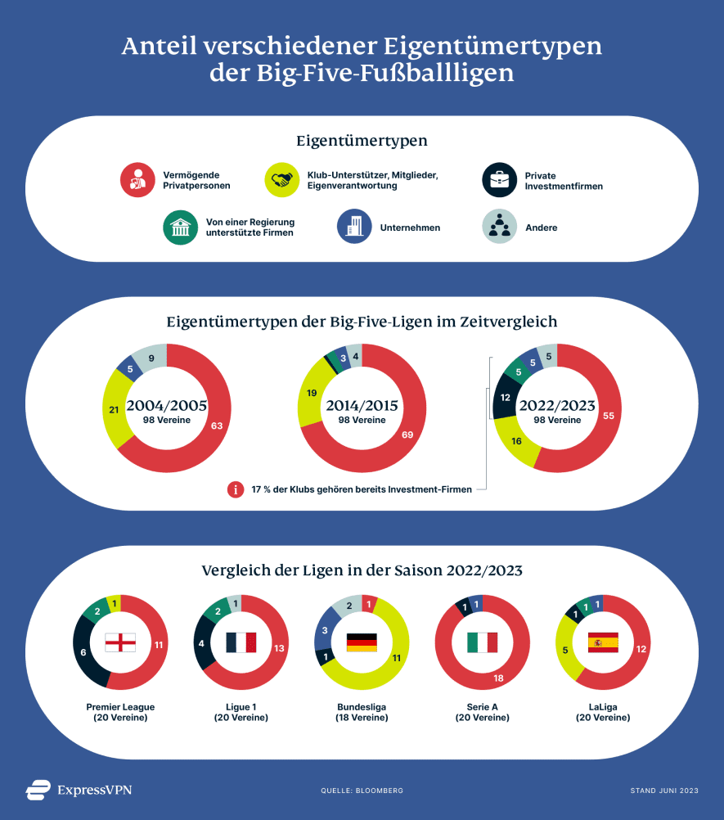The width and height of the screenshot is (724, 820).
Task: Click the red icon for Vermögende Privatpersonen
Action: coord(138,180)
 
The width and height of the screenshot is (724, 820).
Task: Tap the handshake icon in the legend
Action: coord(282,180)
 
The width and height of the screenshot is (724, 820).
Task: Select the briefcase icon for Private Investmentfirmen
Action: coord(499,180)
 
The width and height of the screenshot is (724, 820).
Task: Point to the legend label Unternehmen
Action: coord(410,228)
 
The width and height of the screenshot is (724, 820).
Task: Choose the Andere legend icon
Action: coord(499,227)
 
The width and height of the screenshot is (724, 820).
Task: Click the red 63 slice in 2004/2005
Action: coord(216,426)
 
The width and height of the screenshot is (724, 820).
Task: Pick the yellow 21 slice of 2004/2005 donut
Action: coord(115,409)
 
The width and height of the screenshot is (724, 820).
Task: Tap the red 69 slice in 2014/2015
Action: coord(407,434)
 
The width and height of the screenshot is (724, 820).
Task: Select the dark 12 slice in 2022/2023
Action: coord(504,397)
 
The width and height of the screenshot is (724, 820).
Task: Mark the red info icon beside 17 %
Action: coord(236,489)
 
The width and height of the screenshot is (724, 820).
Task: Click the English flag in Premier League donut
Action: coord(120,642)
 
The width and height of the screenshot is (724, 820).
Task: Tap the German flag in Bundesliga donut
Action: coord(362,642)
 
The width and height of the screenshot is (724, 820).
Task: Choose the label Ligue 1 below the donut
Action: coord(241,706)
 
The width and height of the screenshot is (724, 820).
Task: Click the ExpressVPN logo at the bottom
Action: coord(79,790)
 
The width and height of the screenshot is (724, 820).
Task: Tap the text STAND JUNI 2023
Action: coord(663,791)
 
